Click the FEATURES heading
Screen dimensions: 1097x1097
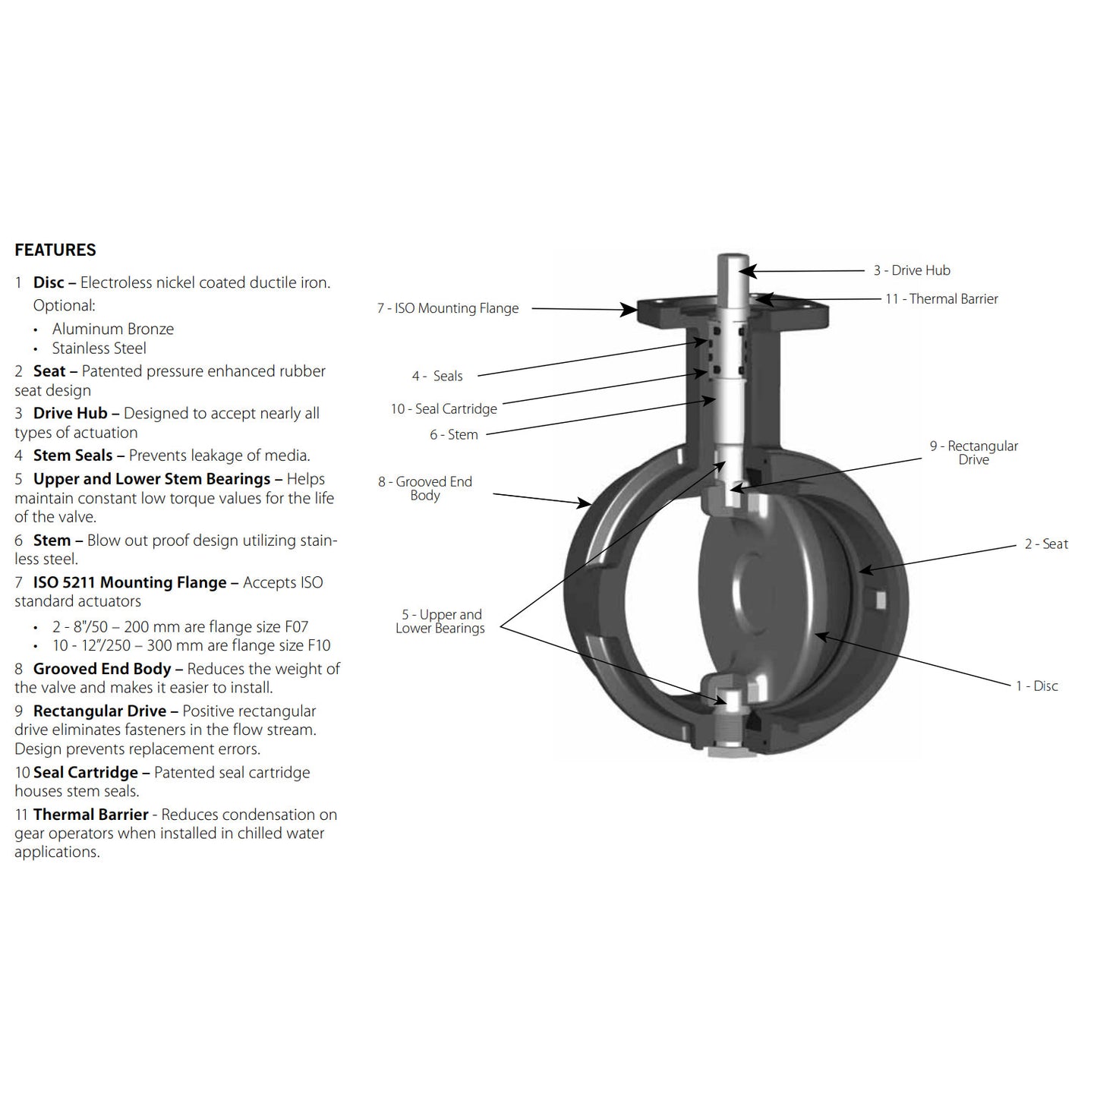point(55,250)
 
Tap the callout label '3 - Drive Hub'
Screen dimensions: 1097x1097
point(911,270)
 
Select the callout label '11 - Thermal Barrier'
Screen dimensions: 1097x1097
point(941,299)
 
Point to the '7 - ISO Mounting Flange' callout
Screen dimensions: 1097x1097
point(448,308)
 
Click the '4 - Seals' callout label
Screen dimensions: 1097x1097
point(437,376)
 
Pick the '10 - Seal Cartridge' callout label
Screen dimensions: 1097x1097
point(444,409)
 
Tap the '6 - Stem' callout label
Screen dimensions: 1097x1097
point(454,435)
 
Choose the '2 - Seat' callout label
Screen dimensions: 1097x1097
point(1046,544)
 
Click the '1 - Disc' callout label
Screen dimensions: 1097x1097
point(1036,686)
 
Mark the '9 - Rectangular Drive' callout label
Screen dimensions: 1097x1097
point(973,452)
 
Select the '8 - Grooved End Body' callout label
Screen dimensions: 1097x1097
point(425,488)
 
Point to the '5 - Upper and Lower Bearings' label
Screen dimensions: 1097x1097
point(440,621)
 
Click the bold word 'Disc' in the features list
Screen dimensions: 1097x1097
point(49,283)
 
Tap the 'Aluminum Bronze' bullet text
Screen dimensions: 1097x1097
point(113,329)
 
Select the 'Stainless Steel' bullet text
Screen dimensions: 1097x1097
point(99,348)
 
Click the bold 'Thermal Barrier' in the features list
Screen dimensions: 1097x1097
point(91,815)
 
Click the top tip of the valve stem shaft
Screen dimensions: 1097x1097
point(734,258)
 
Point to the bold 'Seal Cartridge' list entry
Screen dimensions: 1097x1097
point(86,773)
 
